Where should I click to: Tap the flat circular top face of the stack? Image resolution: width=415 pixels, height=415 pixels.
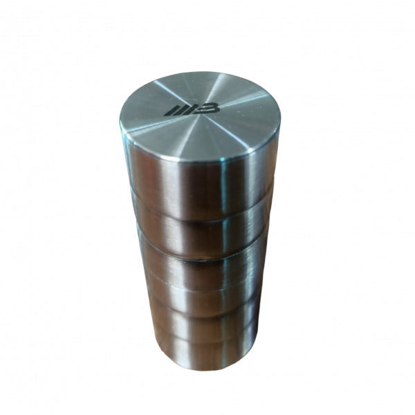[x=201, y=121]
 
